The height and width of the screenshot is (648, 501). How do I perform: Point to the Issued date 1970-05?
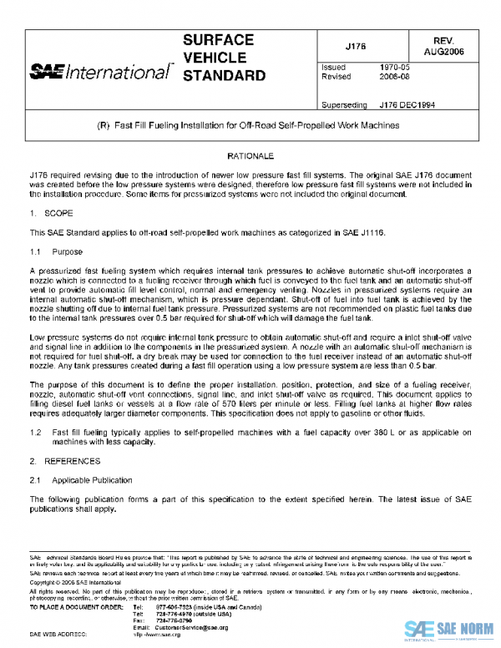(x=393, y=65)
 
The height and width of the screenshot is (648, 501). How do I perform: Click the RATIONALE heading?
(x=250, y=156)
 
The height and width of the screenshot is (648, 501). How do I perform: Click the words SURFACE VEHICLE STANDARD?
(x=223, y=58)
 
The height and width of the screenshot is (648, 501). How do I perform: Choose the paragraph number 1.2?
(x=35, y=432)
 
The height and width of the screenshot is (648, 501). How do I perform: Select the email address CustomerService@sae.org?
(x=191, y=626)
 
